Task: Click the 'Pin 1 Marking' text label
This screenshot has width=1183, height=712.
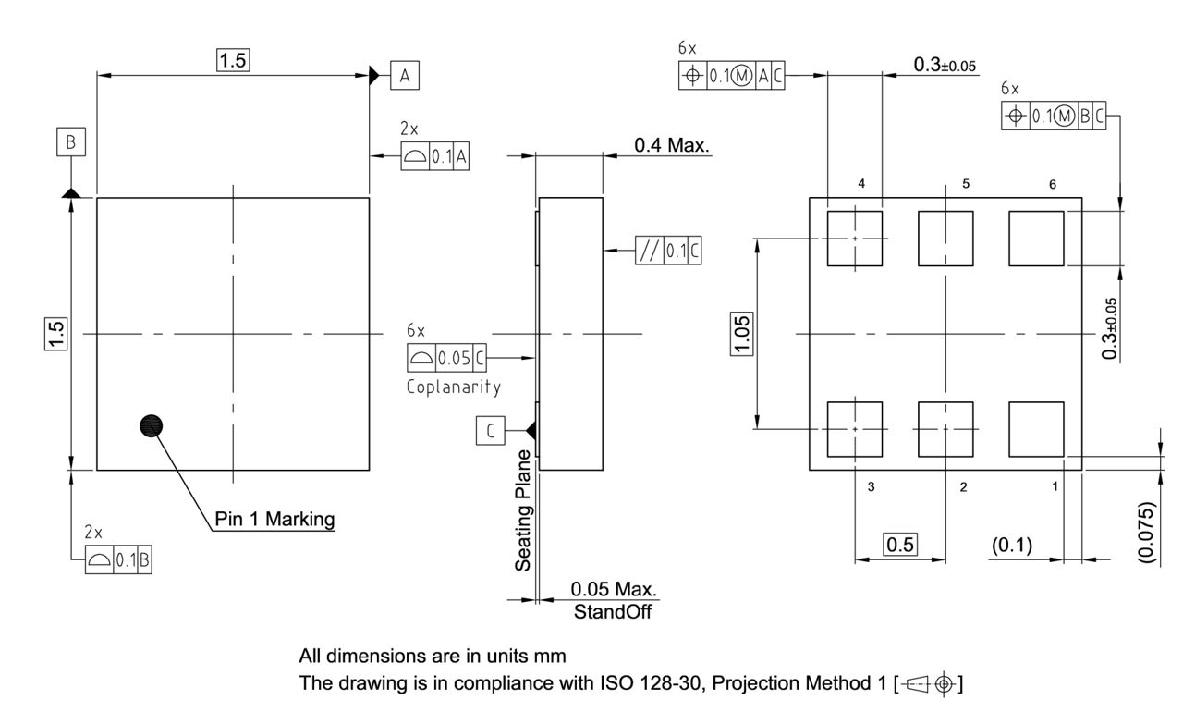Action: tap(274, 520)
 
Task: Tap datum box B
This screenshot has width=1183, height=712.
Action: tap(70, 142)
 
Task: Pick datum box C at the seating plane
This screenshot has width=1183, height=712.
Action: tap(491, 430)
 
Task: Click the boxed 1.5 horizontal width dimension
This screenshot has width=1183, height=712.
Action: tap(233, 60)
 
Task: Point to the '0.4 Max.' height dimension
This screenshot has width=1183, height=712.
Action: tap(672, 145)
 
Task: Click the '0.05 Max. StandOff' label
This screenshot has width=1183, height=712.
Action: tap(613, 600)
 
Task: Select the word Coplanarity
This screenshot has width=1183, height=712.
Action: tap(454, 386)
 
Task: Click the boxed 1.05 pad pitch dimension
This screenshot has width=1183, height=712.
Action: tap(745, 334)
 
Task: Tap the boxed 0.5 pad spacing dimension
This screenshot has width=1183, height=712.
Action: tap(900, 546)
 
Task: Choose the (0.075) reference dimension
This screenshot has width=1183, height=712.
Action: tap(1146, 533)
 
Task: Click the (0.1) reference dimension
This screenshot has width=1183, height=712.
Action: tap(1018, 546)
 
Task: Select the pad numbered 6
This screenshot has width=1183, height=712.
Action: tap(1037, 238)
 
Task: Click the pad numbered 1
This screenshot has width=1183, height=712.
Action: tap(1037, 429)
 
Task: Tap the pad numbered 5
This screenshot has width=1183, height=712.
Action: tap(945, 238)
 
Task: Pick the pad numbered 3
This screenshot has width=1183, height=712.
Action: tap(855, 429)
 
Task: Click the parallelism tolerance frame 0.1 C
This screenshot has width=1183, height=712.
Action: tap(668, 251)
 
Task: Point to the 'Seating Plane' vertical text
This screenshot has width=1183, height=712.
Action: tap(524, 510)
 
